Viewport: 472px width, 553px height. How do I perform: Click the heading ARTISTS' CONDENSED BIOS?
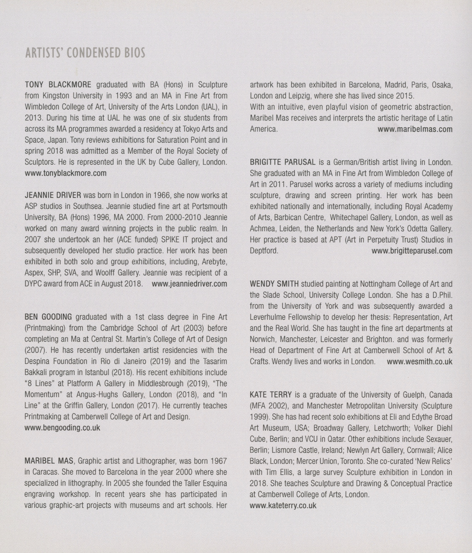tap(85, 53)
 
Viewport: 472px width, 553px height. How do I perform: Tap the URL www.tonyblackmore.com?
tap(65, 173)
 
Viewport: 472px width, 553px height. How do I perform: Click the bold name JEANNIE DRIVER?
tap(54, 195)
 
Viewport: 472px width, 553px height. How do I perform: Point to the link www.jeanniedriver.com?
tap(189, 284)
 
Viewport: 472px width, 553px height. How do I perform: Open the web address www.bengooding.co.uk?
tap(62, 428)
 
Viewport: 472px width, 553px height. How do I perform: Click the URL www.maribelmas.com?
tap(415, 129)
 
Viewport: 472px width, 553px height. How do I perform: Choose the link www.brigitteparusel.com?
tap(412, 251)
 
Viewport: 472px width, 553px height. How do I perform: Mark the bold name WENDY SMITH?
tap(274, 284)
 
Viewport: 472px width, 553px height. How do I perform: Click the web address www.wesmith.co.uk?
tap(419, 361)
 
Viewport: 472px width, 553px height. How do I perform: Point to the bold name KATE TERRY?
tap(271, 395)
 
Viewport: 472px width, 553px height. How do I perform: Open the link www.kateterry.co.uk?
tap(283, 506)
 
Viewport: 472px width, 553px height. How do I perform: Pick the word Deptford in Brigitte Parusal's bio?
tap(264, 251)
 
